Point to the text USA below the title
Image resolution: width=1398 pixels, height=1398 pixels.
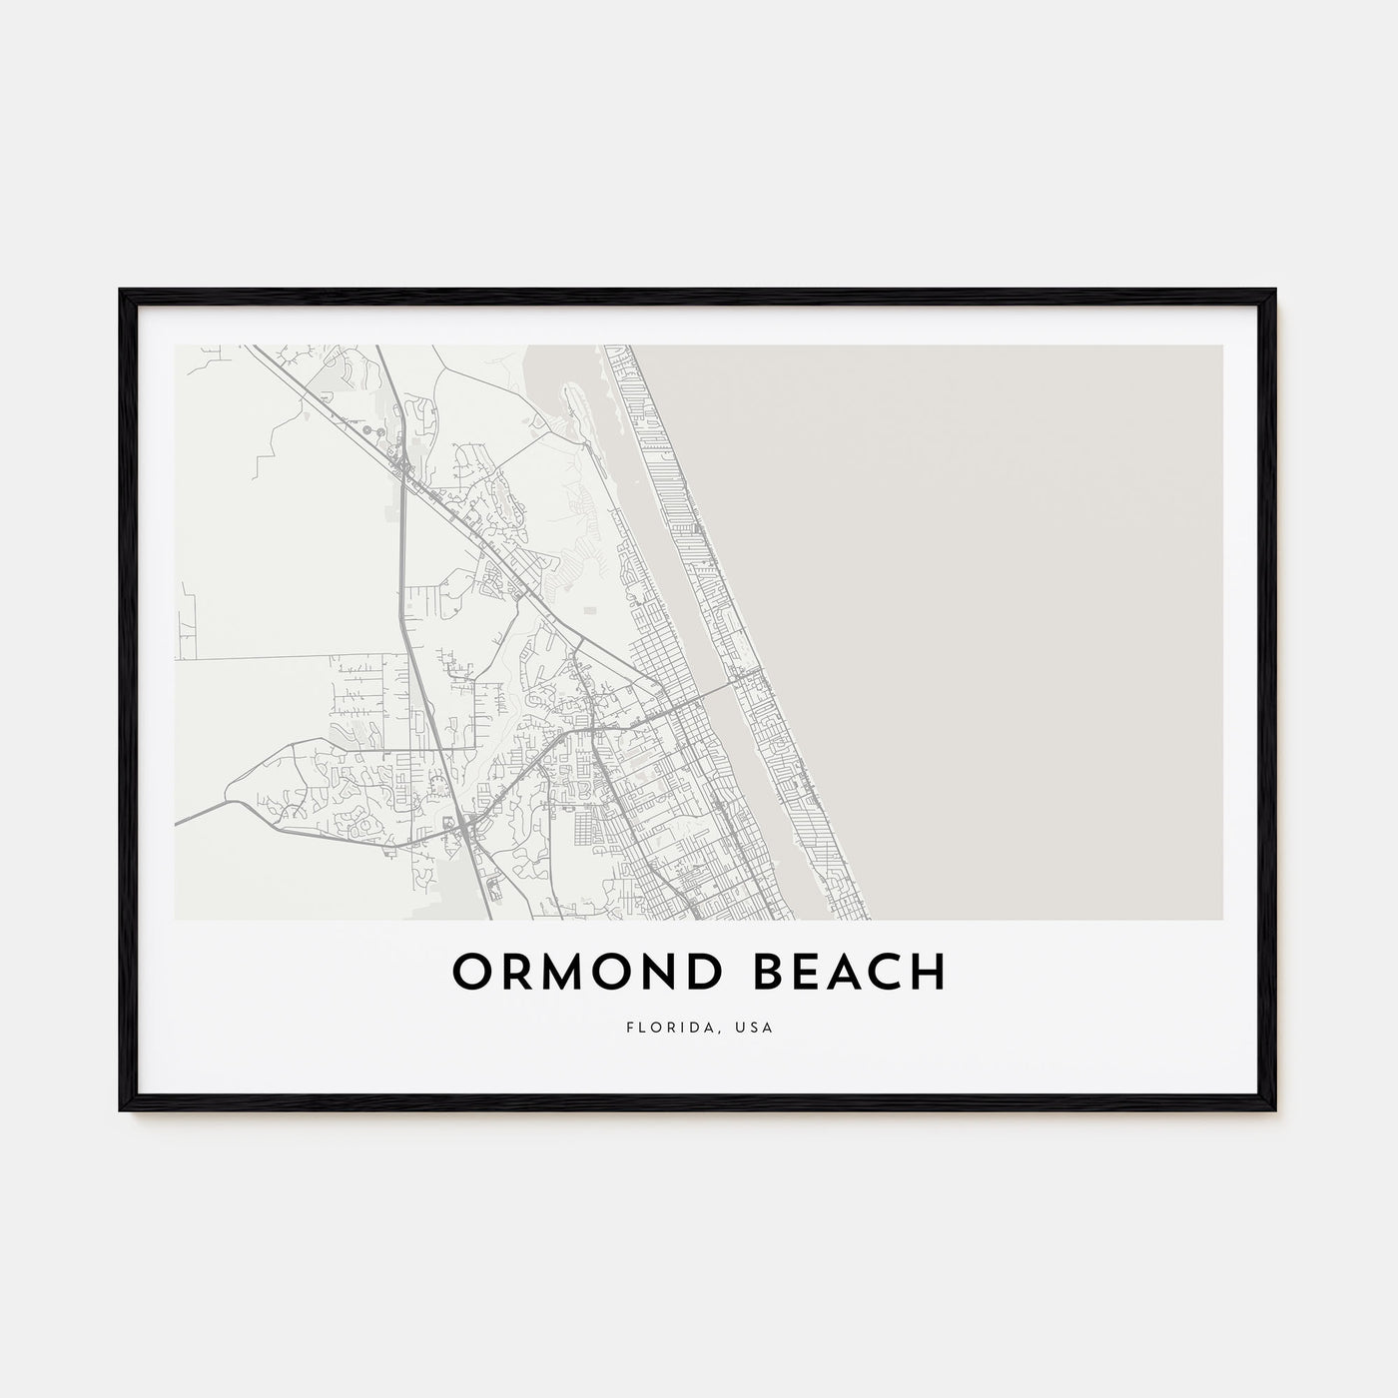click(x=755, y=1027)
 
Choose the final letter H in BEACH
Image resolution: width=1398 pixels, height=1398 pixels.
click(x=930, y=972)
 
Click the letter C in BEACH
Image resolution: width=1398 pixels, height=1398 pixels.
click(x=884, y=972)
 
